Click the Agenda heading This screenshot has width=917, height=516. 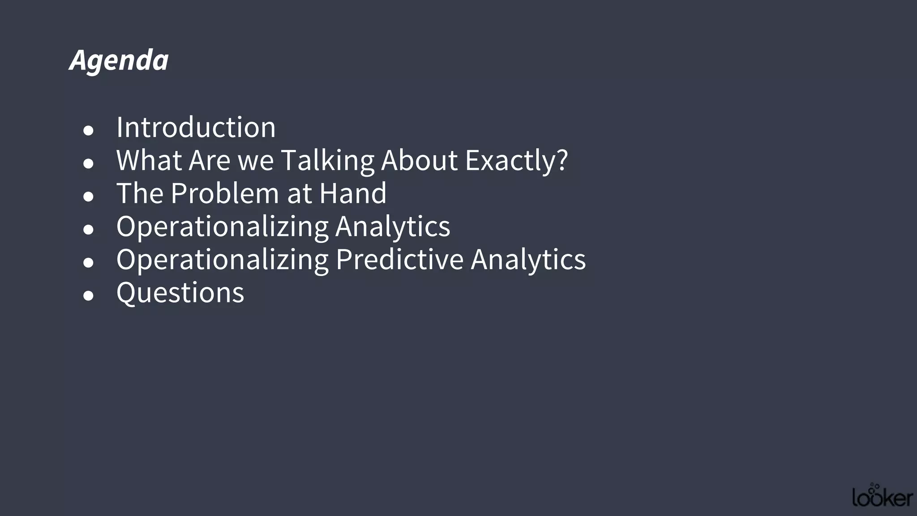(119, 60)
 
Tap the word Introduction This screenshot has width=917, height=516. (196, 127)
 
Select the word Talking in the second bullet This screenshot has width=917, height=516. (327, 160)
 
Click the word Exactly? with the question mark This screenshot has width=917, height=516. (516, 160)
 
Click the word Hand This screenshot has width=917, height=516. (353, 193)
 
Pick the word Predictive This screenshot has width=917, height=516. (399, 259)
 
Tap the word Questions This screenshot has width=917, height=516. (180, 292)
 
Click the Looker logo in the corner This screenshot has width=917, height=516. (883, 496)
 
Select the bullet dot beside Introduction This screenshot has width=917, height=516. (88, 130)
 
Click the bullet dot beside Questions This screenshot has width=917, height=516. (88, 296)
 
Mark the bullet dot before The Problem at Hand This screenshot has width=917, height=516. (88, 196)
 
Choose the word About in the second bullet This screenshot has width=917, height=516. (420, 160)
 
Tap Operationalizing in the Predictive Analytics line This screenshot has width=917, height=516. (222, 259)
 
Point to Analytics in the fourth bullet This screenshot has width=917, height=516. (393, 226)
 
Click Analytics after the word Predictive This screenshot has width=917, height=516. (528, 259)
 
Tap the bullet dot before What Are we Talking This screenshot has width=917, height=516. (88, 163)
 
